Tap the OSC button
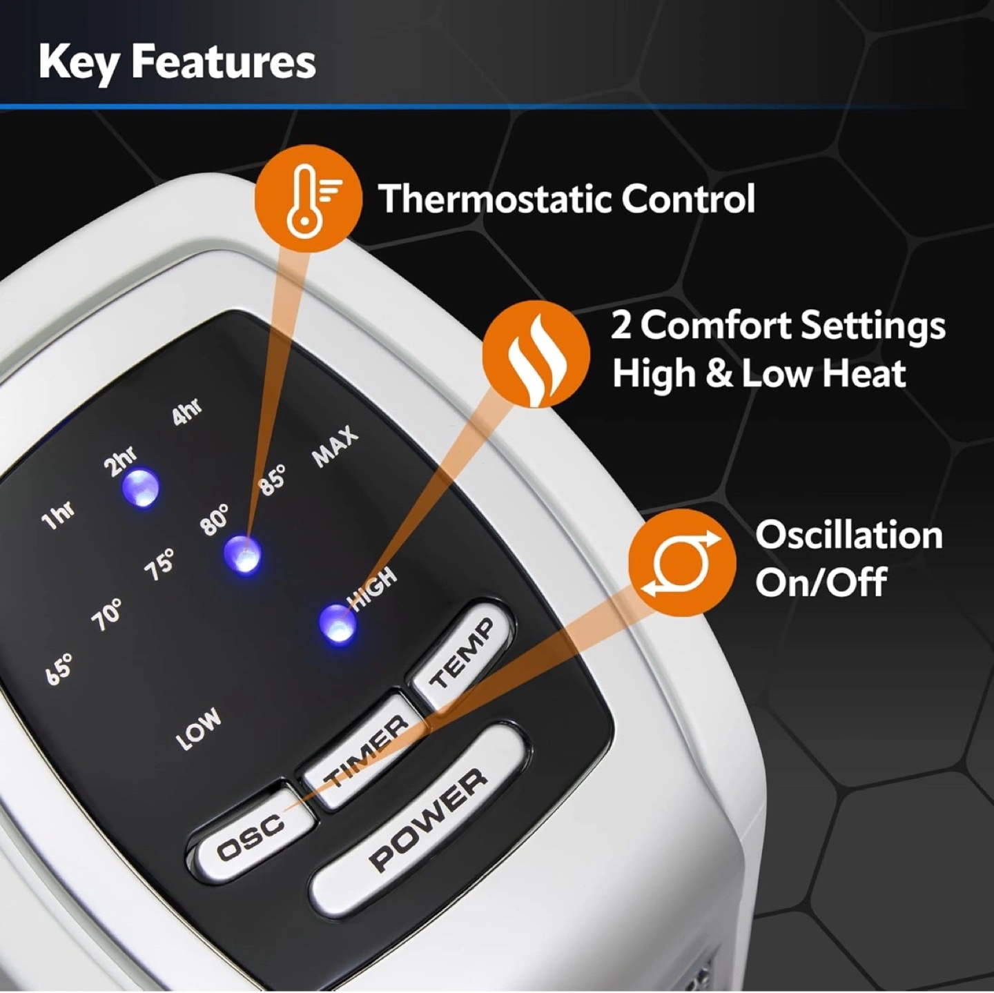pyautogui.click(x=251, y=829)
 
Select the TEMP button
pyautogui.click(x=460, y=653)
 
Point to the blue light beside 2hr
pyautogui.click(x=140, y=488)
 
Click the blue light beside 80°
pyautogui.click(x=242, y=555)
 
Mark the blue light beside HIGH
pyautogui.click(x=338, y=623)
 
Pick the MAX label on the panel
pyautogui.click(x=335, y=446)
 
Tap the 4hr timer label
pyautogui.click(x=187, y=412)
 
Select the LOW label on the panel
pyautogui.click(x=199, y=729)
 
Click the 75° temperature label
pyautogui.click(x=160, y=564)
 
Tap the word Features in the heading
pyautogui.click(x=223, y=63)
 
